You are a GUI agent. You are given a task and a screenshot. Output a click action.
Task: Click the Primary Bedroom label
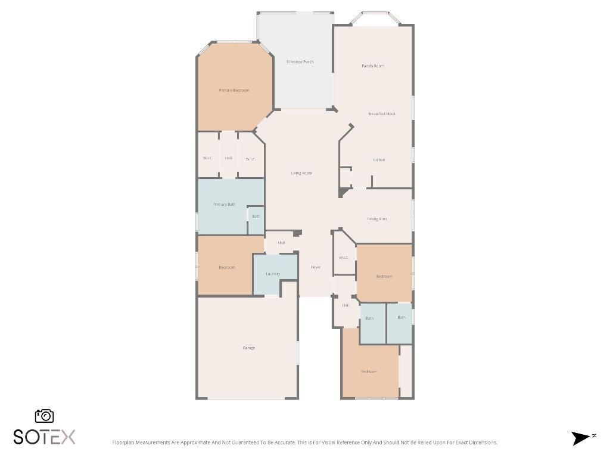pyautogui.click(x=234, y=91)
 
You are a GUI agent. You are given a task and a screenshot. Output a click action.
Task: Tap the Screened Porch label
pyautogui.click(x=300, y=62)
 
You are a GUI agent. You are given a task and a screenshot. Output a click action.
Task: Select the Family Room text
pyautogui.click(x=373, y=66)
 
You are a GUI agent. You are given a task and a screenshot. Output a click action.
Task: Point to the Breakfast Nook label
pyautogui.click(x=382, y=114)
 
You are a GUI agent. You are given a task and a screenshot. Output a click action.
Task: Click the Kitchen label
pyautogui.click(x=379, y=160)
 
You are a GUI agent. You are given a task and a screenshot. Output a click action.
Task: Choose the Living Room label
pyautogui.click(x=301, y=174)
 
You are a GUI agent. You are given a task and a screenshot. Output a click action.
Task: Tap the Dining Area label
pyautogui.click(x=377, y=219)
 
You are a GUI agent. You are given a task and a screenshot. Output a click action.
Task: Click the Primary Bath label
pyautogui.click(x=224, y=205)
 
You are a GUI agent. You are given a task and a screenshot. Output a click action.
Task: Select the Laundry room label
pyautogui.click(x=273, y=274)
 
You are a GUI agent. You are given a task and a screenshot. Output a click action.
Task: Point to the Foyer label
pyautogui.click(x=316, y=267)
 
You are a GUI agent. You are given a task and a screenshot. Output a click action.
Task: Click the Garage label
pyautogui.click(x=248, y=348)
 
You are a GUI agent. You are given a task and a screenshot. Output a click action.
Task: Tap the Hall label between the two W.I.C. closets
pyautogui.click(x=228, y=159)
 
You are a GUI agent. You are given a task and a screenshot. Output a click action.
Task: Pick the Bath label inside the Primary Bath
pyautogui.click(x=256, y=216)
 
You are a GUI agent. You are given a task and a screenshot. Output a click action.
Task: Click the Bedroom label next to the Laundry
pyautogui.click(x=226, y=268)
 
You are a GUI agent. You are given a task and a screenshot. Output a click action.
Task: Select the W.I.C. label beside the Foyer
pyautogui.click(x=344, y=258)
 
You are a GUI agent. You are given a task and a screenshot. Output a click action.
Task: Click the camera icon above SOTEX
pyautogui.click(x=45, y=416)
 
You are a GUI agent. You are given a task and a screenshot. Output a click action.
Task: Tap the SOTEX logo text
pyautogui.click(x=45, y=437)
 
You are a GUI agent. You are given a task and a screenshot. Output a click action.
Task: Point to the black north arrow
pyautogui.click(x=580, y=438)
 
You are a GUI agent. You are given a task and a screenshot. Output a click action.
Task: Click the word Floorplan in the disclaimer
pyautogui.click(x=123, y=442)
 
